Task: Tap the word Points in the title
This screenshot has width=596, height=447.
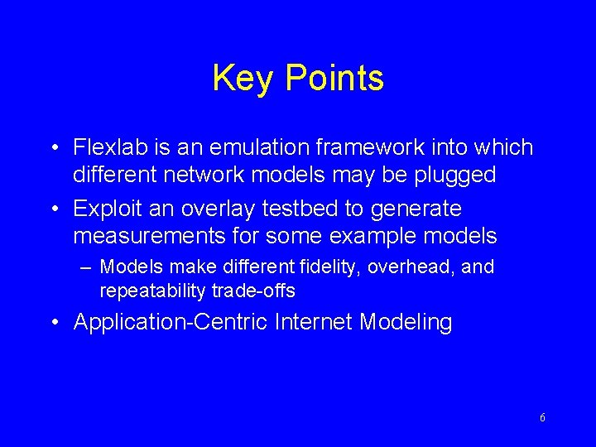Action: tap(334, 79)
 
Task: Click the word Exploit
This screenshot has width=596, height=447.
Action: tap(107, 209)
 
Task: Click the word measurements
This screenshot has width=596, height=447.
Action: tap(148, 237)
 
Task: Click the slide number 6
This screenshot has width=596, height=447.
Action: tap(542, 418)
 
